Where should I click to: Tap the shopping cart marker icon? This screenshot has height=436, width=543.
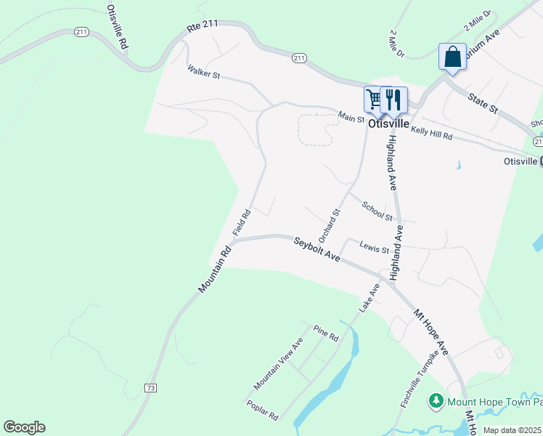[375, 100]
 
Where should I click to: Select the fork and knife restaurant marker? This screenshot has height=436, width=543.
[393, 100]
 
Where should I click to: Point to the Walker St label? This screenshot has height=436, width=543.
[203, 72]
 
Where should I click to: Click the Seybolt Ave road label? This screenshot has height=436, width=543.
[317, 249]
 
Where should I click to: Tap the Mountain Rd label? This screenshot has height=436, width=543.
[214, 270]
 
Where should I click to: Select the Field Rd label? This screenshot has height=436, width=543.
[242, 222]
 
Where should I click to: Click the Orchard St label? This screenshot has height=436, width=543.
[329, 226]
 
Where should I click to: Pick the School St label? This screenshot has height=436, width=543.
[377, 211]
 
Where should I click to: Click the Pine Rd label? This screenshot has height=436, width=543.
[326, 334]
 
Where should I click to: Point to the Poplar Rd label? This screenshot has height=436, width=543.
[263, 411]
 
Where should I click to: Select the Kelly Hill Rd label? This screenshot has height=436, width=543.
[432, 132]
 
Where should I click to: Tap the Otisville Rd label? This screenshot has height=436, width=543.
[117, 26]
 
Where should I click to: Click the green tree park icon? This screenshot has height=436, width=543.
[436, 400]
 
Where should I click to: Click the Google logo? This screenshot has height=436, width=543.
[24, 427]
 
